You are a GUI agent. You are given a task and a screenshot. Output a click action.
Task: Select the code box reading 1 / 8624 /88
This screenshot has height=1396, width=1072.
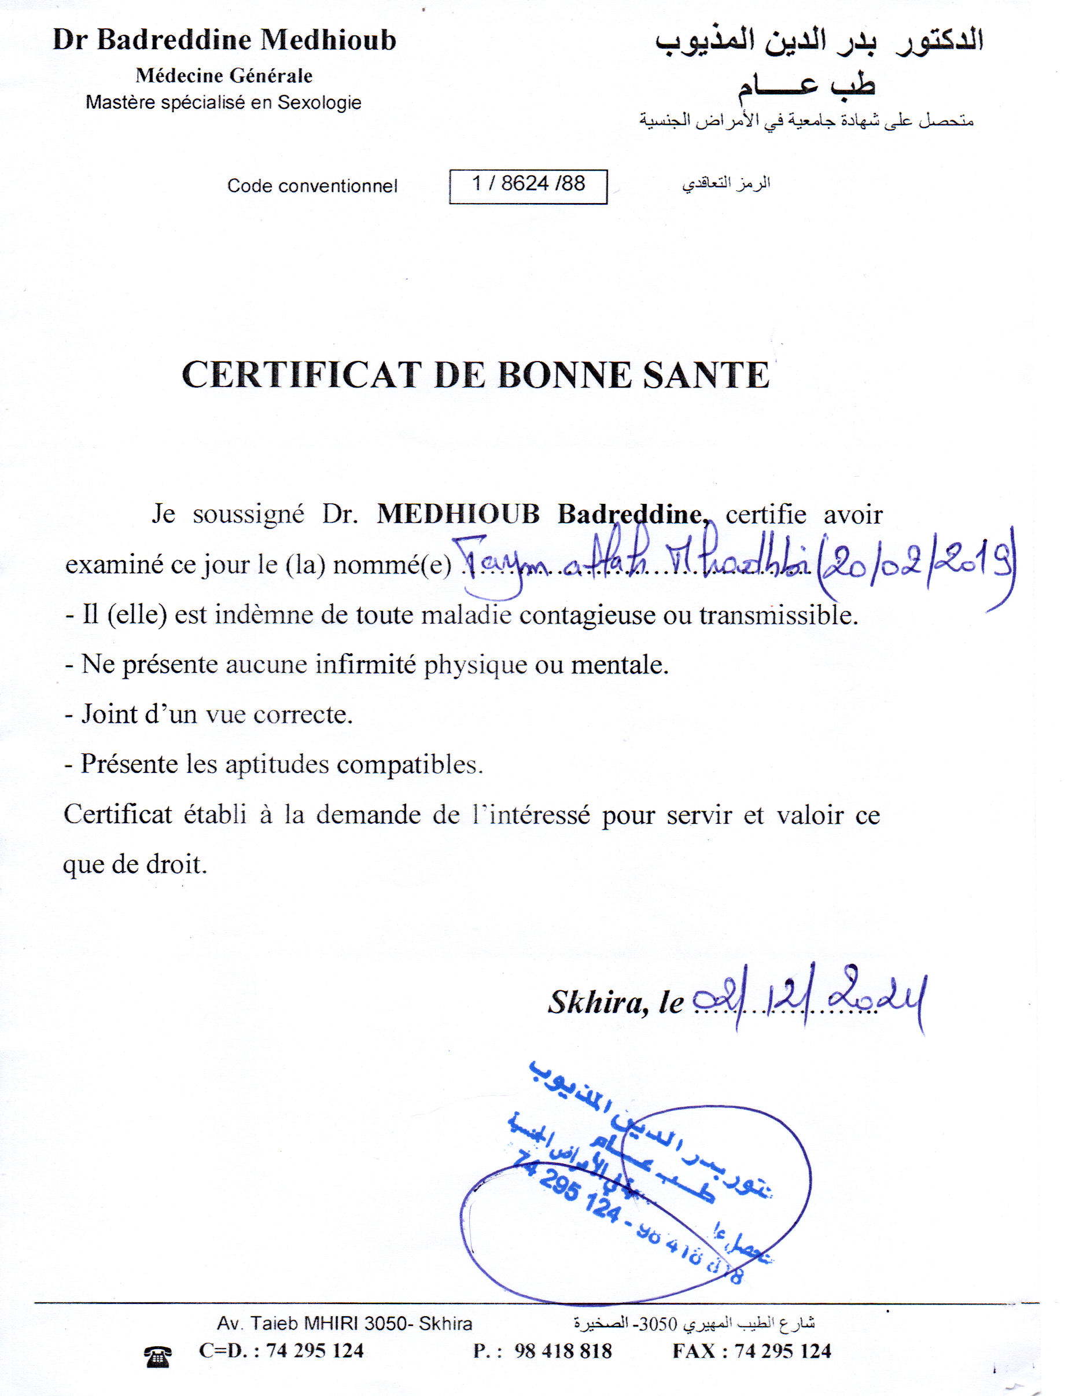pyautogui.click(x=528, y=186)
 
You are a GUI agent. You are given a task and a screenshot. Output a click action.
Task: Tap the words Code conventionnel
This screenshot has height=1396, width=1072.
pyautogui.click(x=312, y=186)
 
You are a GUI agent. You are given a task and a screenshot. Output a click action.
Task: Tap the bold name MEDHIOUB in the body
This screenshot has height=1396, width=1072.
pyautogui.click(x=458, y=514)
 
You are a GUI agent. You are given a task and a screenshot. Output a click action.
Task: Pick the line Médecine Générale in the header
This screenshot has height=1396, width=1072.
pyautogui.click(x=224, y=75)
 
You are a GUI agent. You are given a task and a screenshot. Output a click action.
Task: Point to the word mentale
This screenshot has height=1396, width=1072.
pyautogui.click(x=619, y=665)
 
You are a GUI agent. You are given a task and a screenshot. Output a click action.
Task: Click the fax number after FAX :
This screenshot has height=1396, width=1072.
pyautogui.click(x=782, y=1351)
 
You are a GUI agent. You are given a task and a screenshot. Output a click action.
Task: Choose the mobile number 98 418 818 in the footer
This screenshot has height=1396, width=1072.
pyautogui.click(x=563, y=1351)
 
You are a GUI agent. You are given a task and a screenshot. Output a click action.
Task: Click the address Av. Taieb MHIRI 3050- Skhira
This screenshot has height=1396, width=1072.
pyautogui.click(x=345, y=1323)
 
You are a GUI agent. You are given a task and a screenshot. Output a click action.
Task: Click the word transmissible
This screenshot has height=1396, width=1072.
pyautogui.click(x=778, y=615)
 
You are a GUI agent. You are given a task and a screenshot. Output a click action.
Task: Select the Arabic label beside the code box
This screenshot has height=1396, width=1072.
pyautogui.click(x=726, y=184)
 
